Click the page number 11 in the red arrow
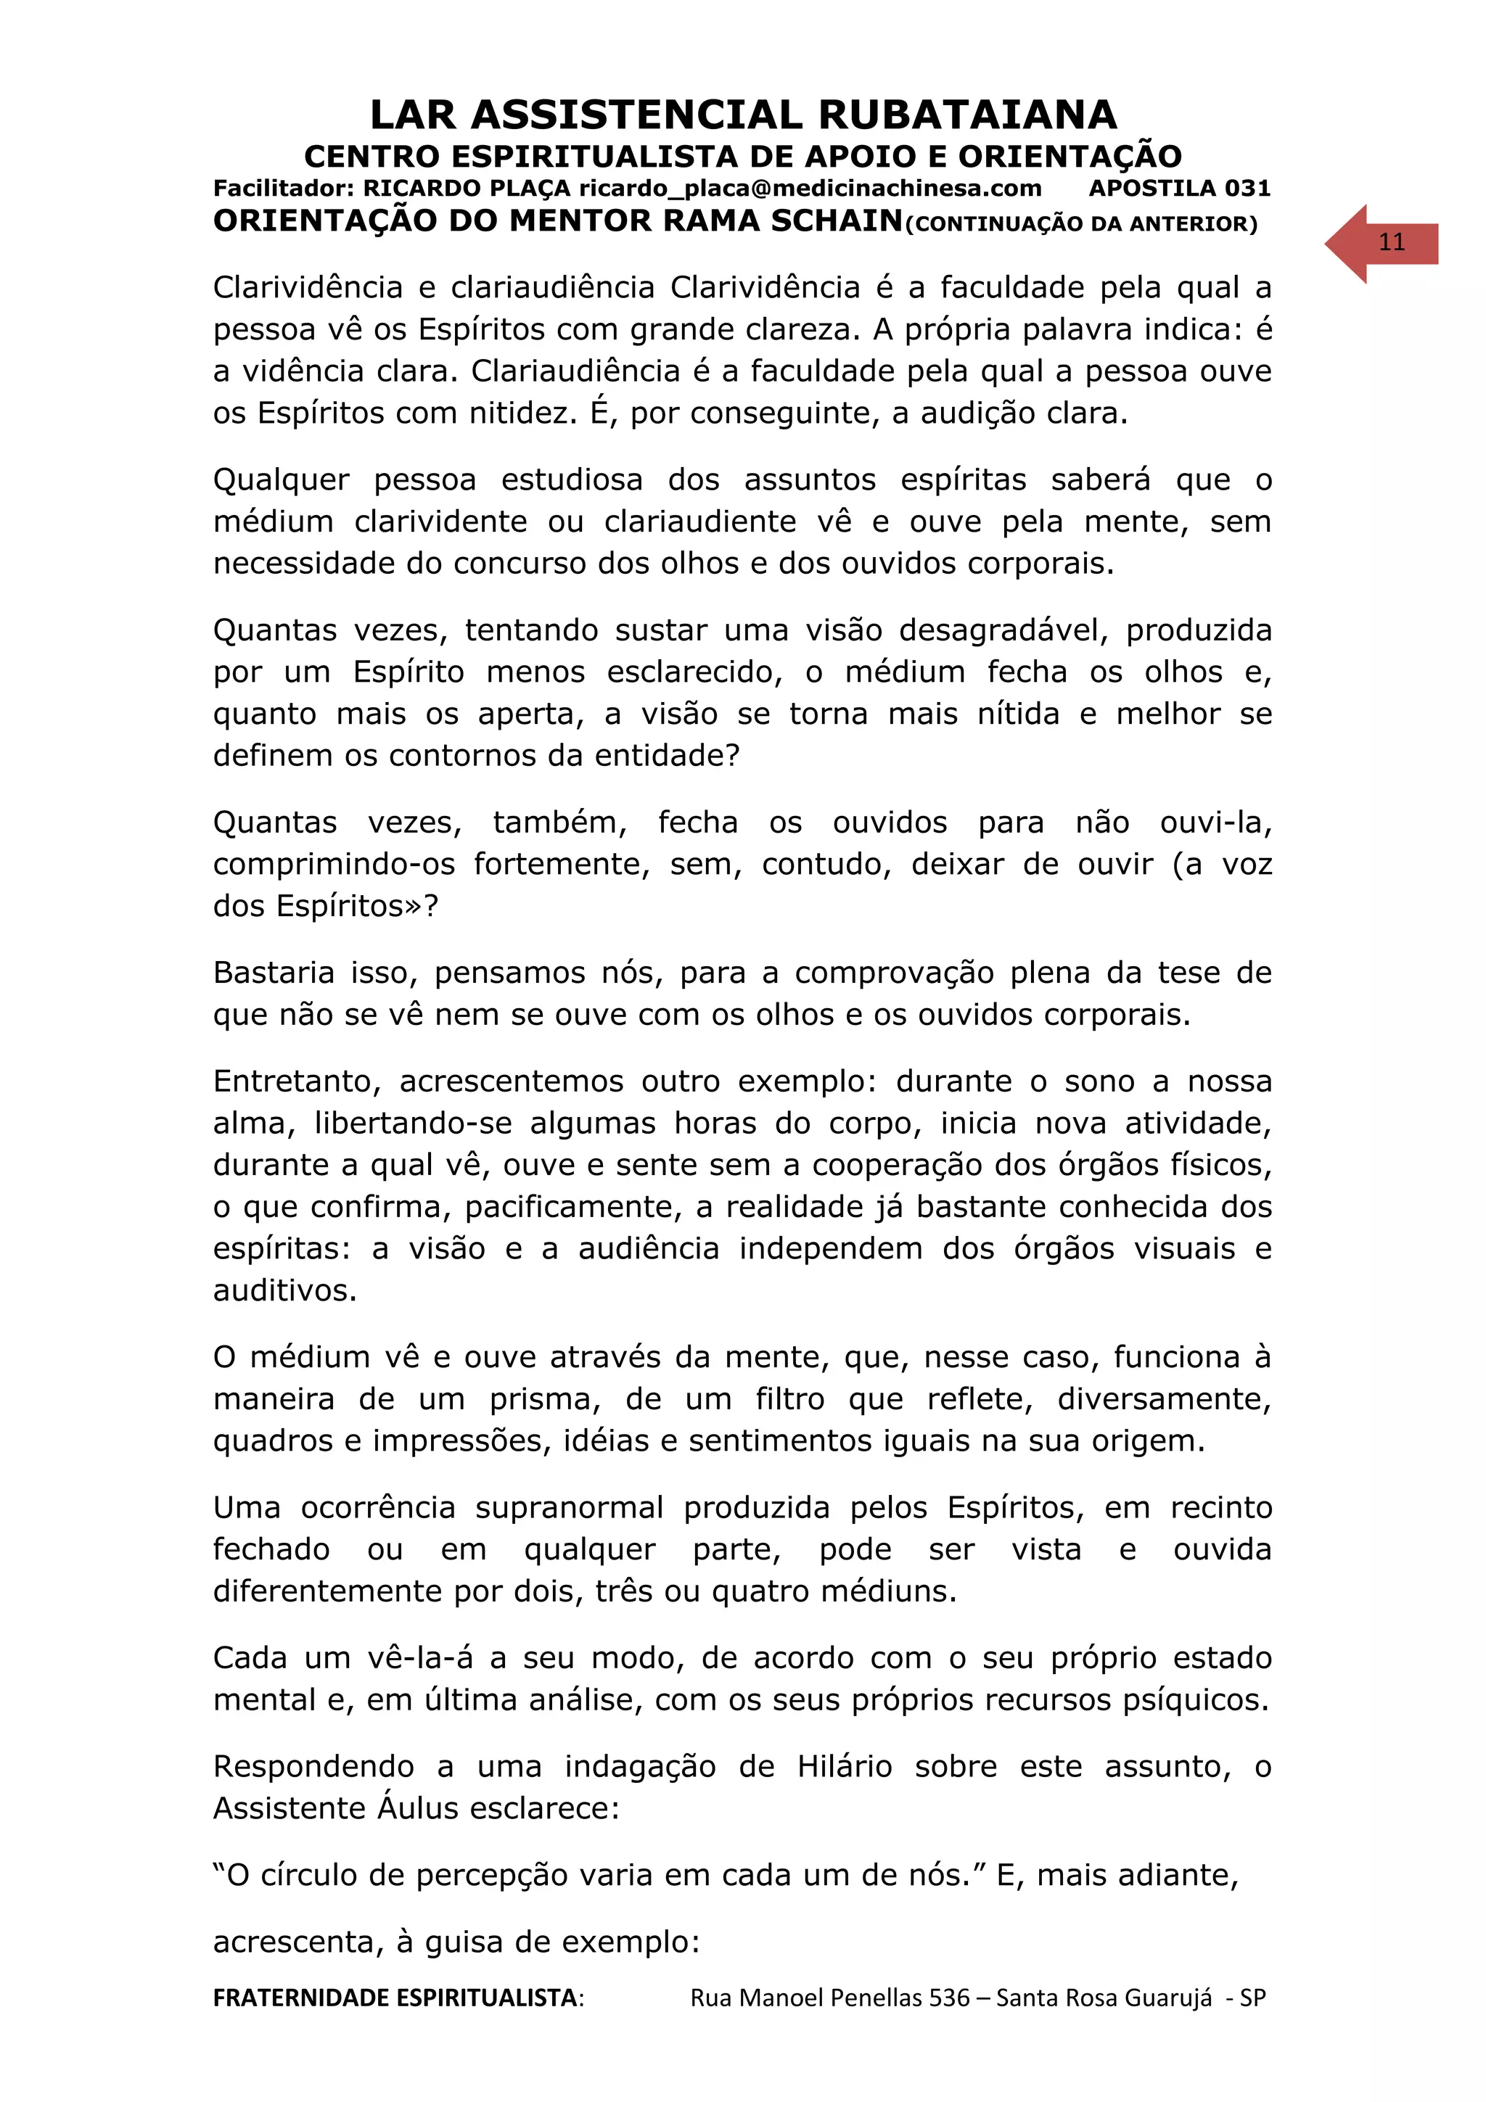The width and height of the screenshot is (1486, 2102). point(1391,242)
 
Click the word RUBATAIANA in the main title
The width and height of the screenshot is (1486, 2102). point(967,115)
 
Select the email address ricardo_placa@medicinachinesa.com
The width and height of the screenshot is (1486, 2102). point(809,189)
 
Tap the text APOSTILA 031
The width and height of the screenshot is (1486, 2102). point(1179,189)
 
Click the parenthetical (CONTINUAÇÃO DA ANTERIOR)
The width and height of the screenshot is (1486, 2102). point(1081,224)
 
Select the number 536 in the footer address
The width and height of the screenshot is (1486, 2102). point(948,1998)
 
